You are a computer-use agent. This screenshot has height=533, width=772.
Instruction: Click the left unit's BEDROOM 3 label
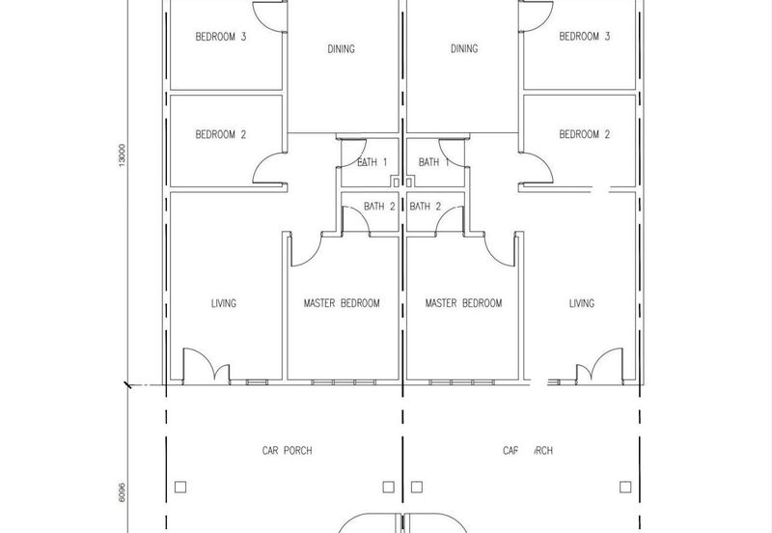[221, 37]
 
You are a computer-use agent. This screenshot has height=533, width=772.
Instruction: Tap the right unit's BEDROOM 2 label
[585, 134]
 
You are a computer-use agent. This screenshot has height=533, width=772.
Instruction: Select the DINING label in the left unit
[342, 49]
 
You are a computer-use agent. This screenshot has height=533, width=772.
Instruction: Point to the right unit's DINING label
[464, 49]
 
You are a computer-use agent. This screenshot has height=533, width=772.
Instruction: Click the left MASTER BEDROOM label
[342, 303]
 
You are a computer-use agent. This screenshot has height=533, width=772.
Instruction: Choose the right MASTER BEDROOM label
[464, 303]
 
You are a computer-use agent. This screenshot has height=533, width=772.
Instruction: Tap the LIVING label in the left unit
[224, 303]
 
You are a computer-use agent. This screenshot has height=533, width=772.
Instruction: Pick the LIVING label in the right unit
[582, 303]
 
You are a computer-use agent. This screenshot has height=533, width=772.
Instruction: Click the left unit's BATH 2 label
[379, 207]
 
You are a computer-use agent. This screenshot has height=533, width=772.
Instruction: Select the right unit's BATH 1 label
[433, 162]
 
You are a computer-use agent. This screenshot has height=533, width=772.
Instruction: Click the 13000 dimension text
[123, 155]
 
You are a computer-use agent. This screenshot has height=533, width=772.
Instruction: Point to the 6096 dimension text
[123, 492]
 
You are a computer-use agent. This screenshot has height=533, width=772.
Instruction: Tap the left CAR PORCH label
[287, 451]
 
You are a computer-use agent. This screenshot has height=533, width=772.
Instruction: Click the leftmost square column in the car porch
[180, 488]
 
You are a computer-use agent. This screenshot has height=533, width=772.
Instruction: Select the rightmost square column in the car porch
[625, 488]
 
